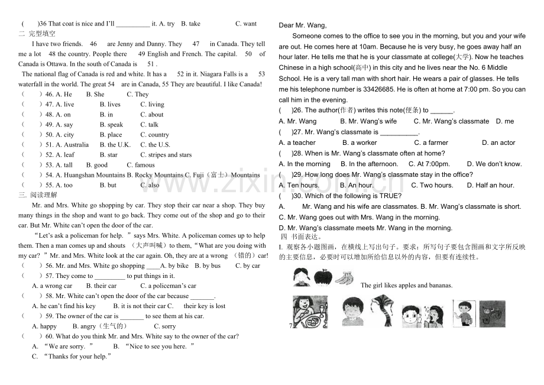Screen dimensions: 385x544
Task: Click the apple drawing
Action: tap(323, 277)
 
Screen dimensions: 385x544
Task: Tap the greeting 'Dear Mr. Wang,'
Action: tap(302, 25)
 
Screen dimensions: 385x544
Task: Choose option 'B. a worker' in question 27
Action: tap(360, 143)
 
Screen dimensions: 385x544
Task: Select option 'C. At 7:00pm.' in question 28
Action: tap(435, 164)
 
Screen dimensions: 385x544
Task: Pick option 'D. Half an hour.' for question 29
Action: tap(490, 185)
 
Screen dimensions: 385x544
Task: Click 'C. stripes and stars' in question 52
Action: tap(166, 155)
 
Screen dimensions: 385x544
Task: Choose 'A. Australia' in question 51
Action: tap(72, 145)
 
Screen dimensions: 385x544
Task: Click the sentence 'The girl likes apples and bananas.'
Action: tap(406, 286)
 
